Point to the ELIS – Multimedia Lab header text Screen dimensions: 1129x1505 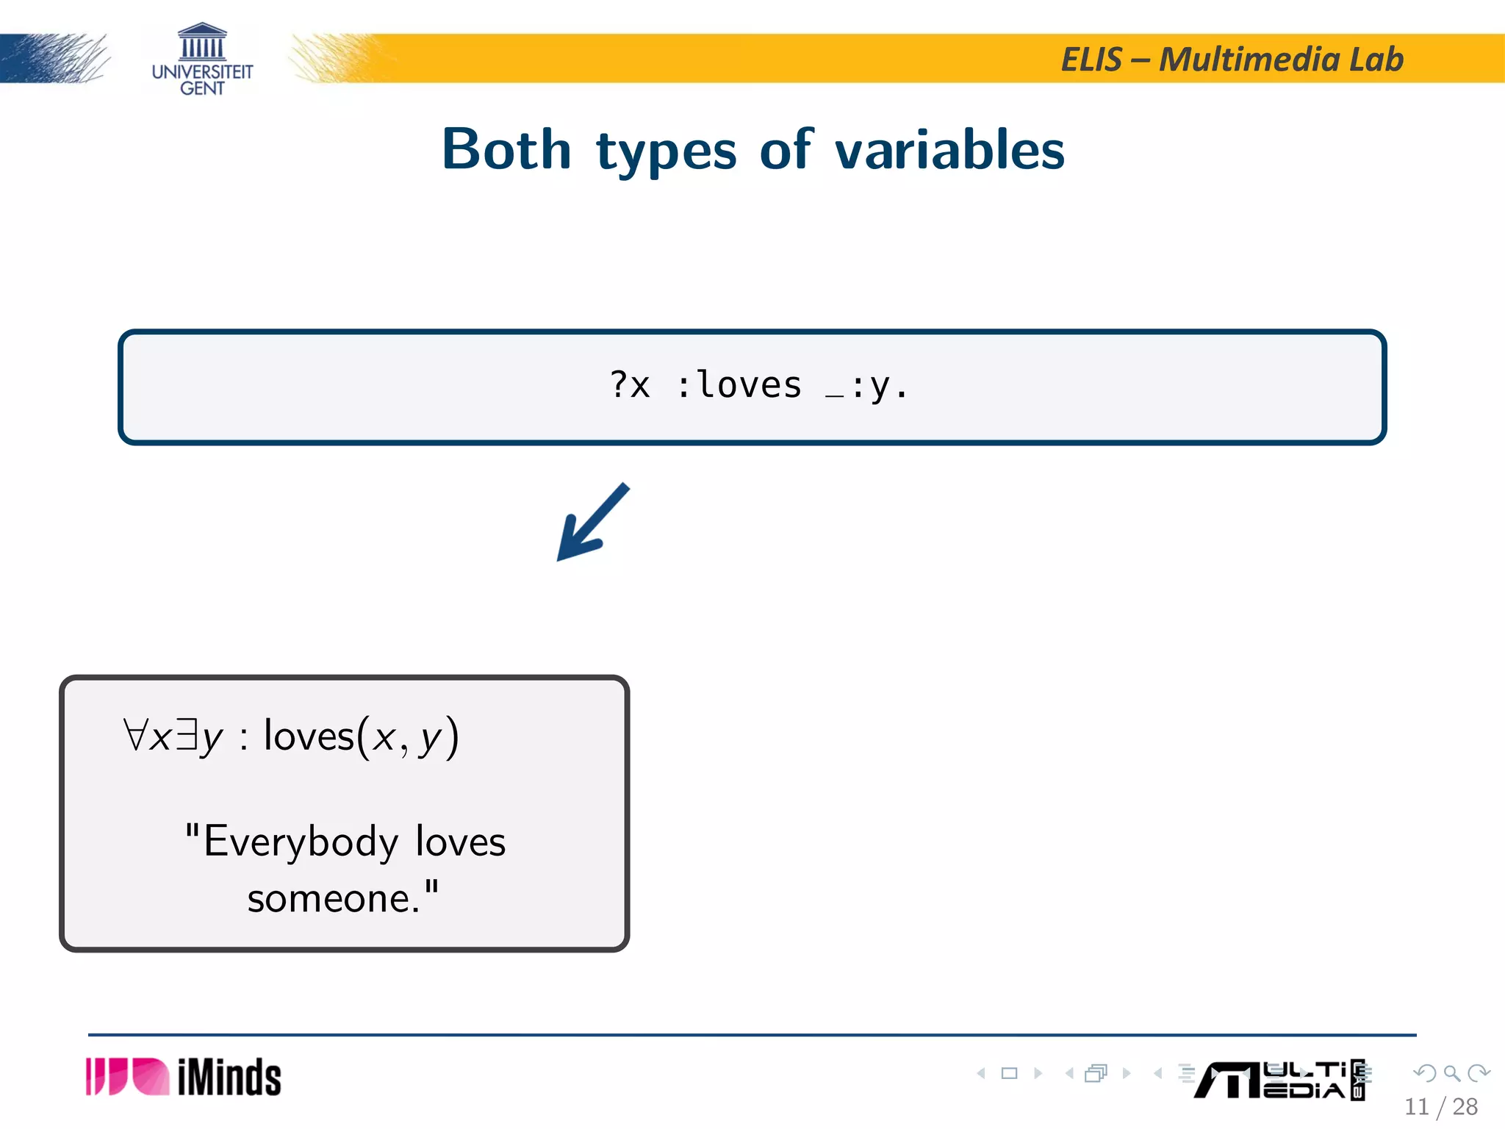pyautogui.click(x=1232, y=60)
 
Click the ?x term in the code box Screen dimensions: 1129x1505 pyautogui.click(x=630, y=385)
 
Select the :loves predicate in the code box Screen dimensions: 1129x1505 pyautogui.click(x=738, y=385)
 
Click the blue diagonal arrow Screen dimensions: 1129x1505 pyautogui.click(x=592, y=523)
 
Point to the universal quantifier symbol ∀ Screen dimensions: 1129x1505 pyautogui.click(x=136, y=735)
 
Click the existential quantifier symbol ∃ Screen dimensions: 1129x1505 pyautogui.click(x=187, y=735)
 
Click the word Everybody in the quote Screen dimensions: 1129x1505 pyautogui.click(x=301, y=842)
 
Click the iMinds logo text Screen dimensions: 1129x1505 pyautogui.click(x=229, y=1078)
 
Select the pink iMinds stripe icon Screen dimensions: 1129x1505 pyautogui.click(x=126, y=1077)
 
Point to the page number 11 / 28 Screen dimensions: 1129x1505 pyautogui.click(x=1440, y=1106)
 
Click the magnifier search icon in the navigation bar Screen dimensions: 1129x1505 pyautogui.click(x=1451, y=1073)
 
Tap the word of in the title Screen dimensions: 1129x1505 pyautogui.click(x=786, y=150)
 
